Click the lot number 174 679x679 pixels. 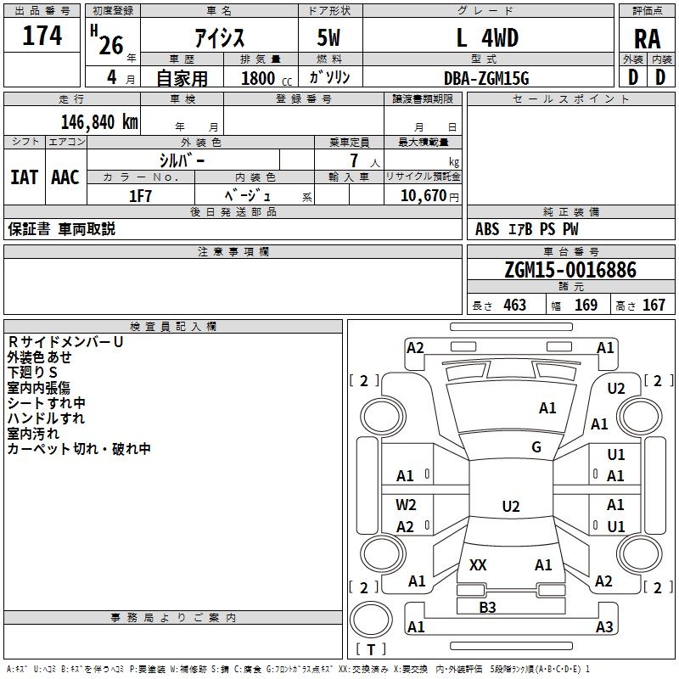42,36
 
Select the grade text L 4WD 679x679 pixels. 487,38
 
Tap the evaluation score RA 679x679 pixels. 647,39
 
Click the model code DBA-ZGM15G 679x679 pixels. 486,78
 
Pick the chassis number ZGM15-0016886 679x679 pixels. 570,270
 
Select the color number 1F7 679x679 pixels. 140,196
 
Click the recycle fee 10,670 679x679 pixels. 423,196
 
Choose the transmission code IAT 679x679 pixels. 24,177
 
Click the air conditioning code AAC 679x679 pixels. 65,177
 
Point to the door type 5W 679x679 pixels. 330,38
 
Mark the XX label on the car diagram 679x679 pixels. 478,564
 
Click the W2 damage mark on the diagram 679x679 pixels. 406,504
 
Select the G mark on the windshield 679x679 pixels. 536,446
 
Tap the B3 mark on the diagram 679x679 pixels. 487,607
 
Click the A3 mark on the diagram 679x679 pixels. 604,626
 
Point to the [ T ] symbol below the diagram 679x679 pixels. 371,649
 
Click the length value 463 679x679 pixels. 514,305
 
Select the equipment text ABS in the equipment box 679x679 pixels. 487,229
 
